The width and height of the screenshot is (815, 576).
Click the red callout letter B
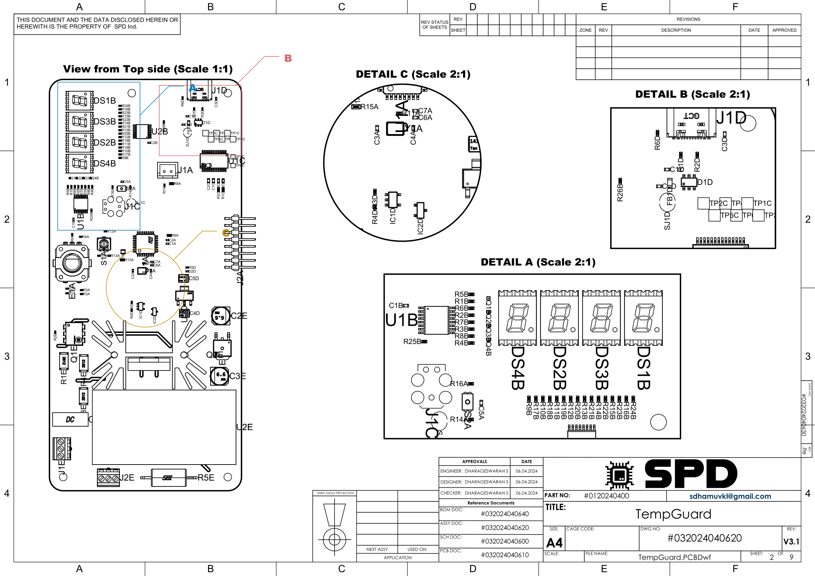click(x=288, y=58)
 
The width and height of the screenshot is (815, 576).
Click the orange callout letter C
click(x=226, y=233)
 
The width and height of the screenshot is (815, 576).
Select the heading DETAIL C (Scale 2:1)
click(x=413, y=75)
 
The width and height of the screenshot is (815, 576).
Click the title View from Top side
click(x=148, y=69)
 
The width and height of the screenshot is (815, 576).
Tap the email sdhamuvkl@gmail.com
click(x=730, y=496)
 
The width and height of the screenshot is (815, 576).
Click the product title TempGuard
click(x=673, y=514)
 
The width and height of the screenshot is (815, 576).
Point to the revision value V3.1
click(x=791, y=542)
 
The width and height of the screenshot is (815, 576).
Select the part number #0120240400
click(x=606, y=496)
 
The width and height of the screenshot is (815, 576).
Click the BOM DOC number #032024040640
click(x=505, y=514)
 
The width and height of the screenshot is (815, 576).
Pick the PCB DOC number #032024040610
click(x=505, y=555)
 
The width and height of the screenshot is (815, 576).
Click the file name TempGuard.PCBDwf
click(x=675, y=557)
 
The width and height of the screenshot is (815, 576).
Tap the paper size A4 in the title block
click(x=554, y=543)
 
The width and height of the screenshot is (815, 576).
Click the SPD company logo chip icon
click(x=620, y=475)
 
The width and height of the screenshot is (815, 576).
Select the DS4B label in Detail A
click(x=517, y=368)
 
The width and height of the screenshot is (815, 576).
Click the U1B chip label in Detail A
click(x=401, y=320)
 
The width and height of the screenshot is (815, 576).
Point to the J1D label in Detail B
click(x=731, y=118)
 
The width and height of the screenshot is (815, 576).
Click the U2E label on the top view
click(x=245, y=427)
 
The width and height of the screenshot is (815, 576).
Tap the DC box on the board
click(x=70, y=420)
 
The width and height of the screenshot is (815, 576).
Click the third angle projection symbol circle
click(x=335, y=539)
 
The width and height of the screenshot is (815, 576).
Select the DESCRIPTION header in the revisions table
click(x=676, y=30)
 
